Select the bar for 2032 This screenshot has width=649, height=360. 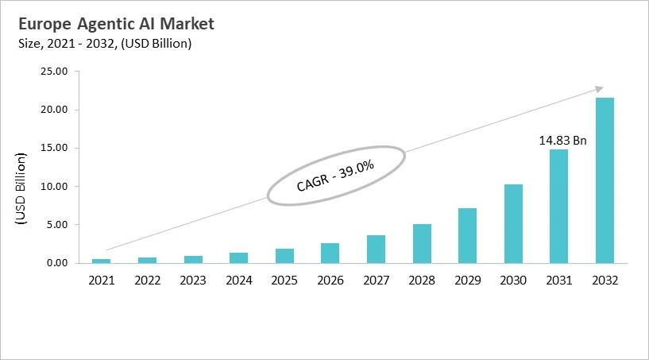pos(605,180)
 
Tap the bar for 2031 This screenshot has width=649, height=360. pos(558,206)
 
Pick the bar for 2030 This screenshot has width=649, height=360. pos(513,223)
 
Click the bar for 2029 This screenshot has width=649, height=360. pos(467,235)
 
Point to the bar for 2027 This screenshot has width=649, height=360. pos(376,249)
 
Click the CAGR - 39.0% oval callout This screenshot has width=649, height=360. pos(336,173)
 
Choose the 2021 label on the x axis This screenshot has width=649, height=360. pos(102,281)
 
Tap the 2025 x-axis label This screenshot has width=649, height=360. pos(284,281)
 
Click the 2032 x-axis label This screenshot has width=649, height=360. pos(605,281)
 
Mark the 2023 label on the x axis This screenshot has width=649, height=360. pos(193,281)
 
